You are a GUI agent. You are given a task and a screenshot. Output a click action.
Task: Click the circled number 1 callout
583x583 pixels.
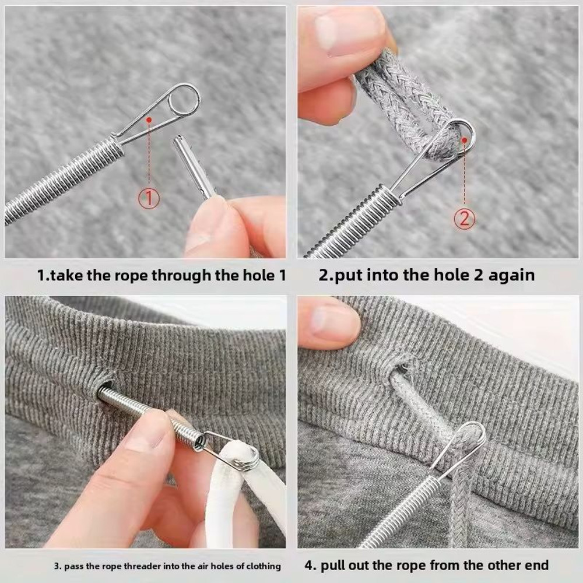[x=149, y=199]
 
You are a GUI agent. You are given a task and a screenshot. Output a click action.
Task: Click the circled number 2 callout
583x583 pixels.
[x=465, y=219]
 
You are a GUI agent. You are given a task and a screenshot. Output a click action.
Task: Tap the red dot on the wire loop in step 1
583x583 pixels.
[x=149, y=120]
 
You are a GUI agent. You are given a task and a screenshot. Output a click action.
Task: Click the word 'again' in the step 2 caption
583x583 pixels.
[x=511, y=275]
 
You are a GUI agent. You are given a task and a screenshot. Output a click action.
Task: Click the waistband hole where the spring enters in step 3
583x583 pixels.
[x=104, y=389]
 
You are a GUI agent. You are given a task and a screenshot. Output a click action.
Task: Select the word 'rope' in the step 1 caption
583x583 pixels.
[x=130, y=275]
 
